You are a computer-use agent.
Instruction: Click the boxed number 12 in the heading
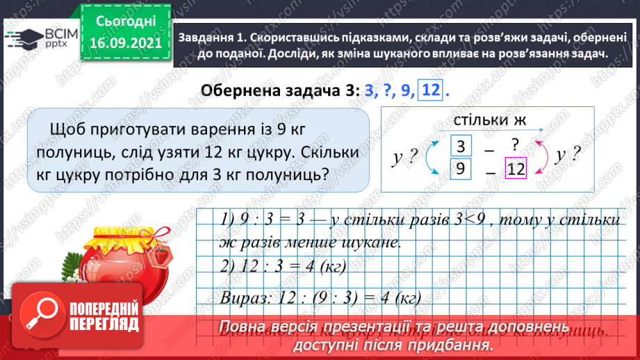coord(430,90)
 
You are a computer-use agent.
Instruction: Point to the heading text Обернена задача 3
coord(277,91)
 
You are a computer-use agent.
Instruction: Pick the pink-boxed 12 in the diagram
coord(515,168)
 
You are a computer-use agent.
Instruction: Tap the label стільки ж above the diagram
coord(489,120)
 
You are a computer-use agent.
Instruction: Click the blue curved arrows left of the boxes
coord(431,157)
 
